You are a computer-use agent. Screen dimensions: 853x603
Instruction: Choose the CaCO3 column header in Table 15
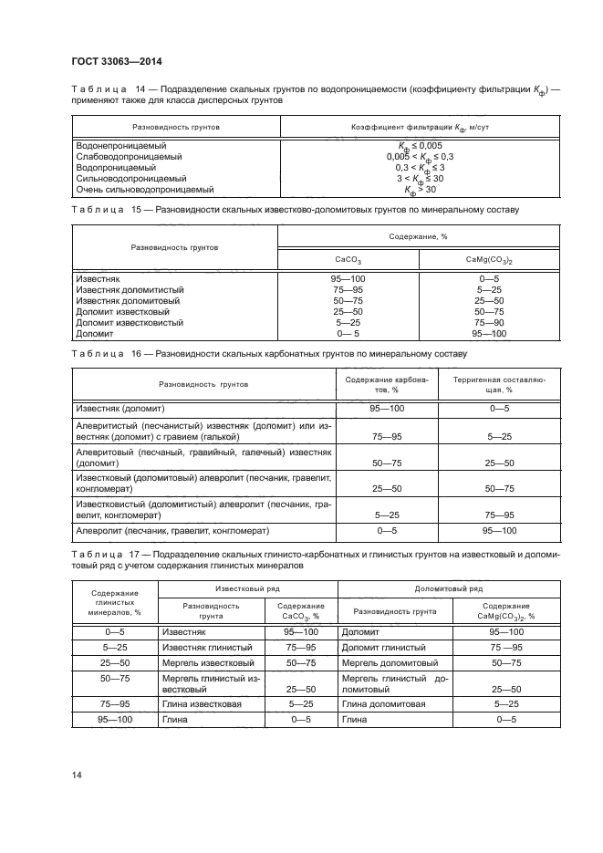point(348,259)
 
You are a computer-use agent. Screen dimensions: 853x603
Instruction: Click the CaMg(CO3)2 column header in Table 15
point(490,259)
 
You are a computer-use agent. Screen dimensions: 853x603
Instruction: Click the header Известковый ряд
point(247,589)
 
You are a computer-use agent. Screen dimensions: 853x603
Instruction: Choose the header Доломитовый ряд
point(442,589)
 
